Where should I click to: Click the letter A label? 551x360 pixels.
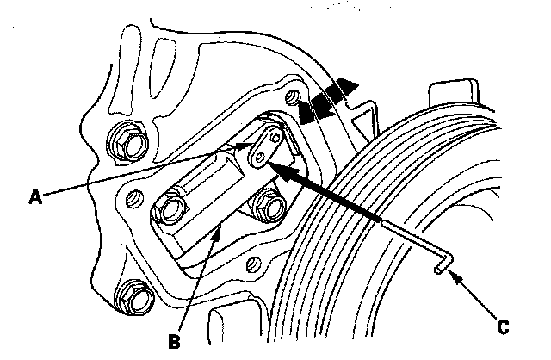[x=34, y=196]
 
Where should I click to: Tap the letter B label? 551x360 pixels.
[x=175, y=340]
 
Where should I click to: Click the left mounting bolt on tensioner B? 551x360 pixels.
[x=168, y=208]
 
